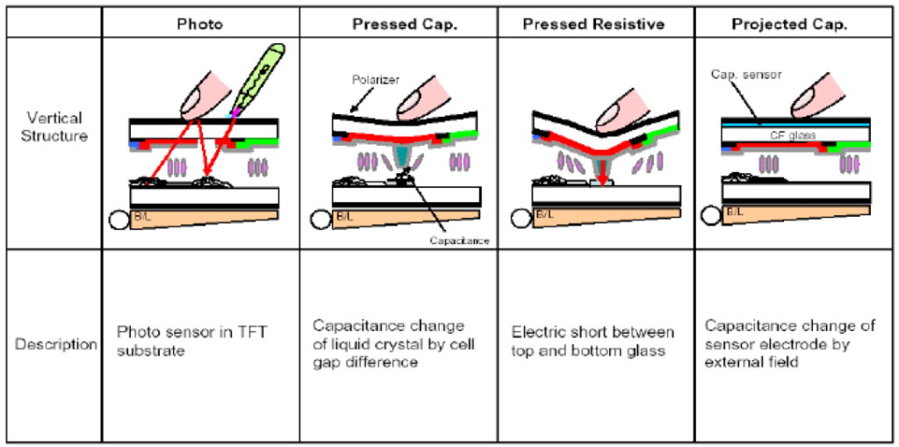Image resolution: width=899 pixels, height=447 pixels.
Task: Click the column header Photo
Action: (200, 24)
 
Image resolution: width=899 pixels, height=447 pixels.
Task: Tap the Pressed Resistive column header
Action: (594, 24)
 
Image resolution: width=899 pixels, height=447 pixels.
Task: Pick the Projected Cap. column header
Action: (789, 24)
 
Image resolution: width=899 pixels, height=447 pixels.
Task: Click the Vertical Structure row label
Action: (54, 126)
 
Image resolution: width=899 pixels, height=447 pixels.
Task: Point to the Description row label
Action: (56, 344)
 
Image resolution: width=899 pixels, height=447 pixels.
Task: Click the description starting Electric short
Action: (593, 342)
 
